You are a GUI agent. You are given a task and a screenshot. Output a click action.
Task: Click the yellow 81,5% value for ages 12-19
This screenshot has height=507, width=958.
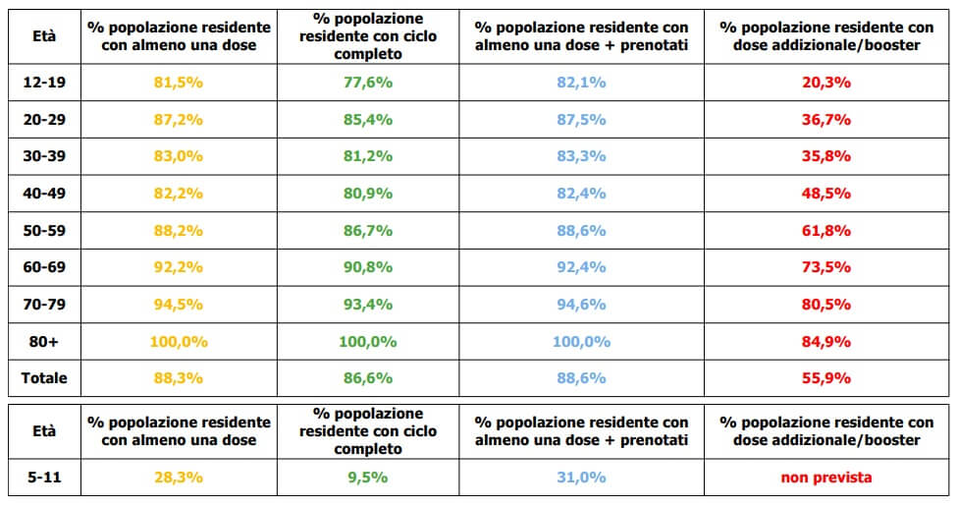pos(178,83)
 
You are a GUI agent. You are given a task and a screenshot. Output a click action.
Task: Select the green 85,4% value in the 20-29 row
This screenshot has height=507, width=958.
pos(368,120)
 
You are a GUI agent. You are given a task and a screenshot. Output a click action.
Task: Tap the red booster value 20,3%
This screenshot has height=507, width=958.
pos(826,83)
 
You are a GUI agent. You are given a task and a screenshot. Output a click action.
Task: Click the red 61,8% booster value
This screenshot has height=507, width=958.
pos(826,231)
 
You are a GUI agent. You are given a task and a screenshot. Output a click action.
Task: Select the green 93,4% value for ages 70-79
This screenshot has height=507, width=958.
pos(368,305)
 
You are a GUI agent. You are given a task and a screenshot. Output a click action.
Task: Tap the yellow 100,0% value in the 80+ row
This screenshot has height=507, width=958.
pos(178,342)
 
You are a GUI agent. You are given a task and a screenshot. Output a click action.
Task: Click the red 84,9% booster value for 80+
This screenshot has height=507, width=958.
pos(826,342)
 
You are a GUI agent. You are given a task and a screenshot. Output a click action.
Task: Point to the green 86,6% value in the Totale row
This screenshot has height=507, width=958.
pos(368,378)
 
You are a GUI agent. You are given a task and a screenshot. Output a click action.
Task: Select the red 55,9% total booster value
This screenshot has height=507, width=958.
pos(826,378)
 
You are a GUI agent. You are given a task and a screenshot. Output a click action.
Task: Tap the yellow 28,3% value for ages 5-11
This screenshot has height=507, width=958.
pos(178,478)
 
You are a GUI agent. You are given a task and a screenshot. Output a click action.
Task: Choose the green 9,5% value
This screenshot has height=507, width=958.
pos(368,478)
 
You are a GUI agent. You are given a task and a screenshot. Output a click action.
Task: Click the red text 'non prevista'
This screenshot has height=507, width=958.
pos(826,478)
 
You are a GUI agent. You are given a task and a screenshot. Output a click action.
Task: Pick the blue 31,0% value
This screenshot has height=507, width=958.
pos(581,478)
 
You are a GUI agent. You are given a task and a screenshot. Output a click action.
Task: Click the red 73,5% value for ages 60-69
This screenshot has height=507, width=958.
pos(826,267)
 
